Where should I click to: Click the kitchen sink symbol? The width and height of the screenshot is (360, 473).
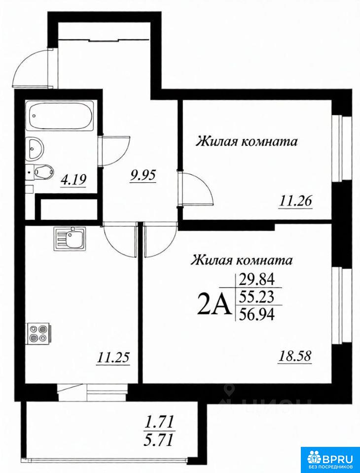click(x=70, y=239)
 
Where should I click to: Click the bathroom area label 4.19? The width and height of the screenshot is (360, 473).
click(x=74, y=180)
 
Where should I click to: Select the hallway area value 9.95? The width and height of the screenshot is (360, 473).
click(x=143, y=176)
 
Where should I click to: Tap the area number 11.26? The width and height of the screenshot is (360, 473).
click(x=295, y=201)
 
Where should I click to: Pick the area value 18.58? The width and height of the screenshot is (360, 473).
click(x=294, y=357)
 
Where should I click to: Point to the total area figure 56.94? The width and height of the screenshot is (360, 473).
click(x=257, y=315)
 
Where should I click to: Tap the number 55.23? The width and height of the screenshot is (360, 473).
click(x=257, y=298)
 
